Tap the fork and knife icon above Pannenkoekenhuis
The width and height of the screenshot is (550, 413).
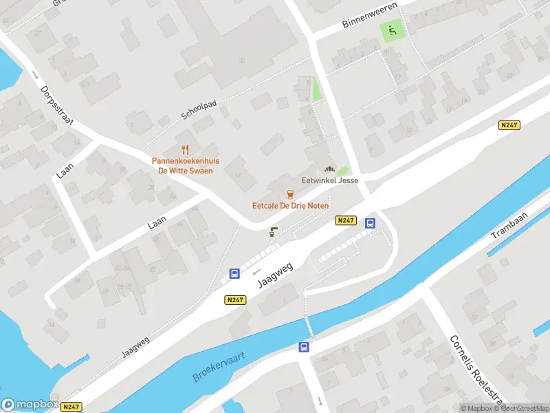(185, 149)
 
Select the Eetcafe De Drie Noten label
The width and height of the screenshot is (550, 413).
(290, 206)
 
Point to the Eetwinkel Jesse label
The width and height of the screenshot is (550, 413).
(330, 181)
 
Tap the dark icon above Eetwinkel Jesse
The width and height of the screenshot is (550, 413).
(329, 169)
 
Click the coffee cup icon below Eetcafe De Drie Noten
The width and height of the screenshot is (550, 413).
(274, 231)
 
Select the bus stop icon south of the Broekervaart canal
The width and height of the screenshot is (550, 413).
(303, 347)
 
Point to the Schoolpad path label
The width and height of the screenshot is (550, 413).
(199, 110)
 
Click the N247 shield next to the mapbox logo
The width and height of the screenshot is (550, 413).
(71, 407)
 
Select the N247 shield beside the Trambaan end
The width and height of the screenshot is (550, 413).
(509, 125)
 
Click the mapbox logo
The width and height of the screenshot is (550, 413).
(30, 405)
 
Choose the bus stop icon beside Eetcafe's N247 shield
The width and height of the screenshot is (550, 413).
(370, 223)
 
